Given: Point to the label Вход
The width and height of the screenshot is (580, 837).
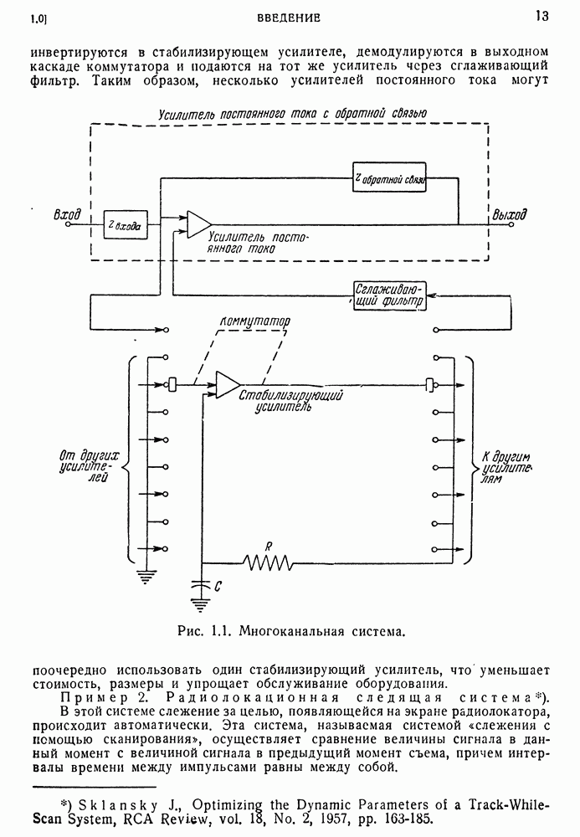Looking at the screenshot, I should [x=66, y=216].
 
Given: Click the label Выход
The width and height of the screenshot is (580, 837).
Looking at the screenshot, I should [x=510, y=215].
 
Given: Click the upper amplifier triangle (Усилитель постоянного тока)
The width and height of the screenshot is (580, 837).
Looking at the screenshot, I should [x=198, y=223].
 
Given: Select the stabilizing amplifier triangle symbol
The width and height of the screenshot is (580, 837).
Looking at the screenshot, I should [x=227, y=384].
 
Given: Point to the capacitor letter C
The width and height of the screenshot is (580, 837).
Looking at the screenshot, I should [x=218, y=588].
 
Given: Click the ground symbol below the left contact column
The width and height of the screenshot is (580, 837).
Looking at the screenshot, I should [x=146, y=575].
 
